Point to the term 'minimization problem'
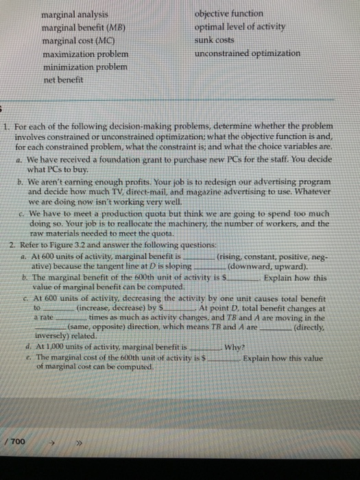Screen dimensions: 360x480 [84, 67]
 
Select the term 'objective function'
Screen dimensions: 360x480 [228, 14]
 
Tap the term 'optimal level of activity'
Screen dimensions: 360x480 [240, 27]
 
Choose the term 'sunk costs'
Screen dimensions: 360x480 [215, 40]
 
